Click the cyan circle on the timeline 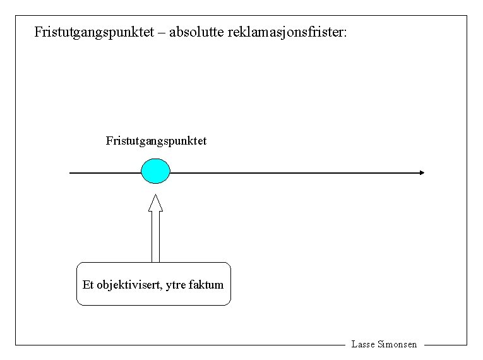point(155,171)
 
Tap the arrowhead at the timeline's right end point(422,172)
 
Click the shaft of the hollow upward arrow point(155,237)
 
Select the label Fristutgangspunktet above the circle point(156,140)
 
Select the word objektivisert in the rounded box point(131,285)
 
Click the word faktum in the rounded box point(206,285)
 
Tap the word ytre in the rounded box point(177,285)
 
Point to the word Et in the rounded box point(88,285)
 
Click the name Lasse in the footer point(363,344)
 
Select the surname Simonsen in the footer point(397,344)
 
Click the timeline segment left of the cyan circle point(105,172)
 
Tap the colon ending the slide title point(345,33)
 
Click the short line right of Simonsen point(445,345)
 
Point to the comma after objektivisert point(164,288)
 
